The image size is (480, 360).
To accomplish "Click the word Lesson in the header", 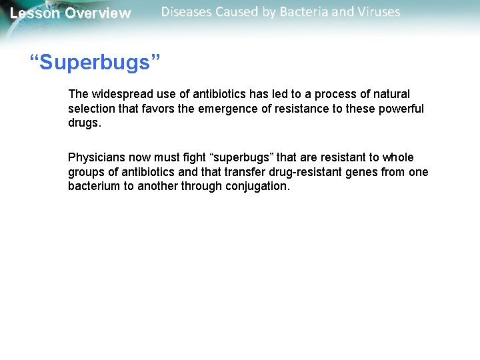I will pyautogui.click(x=35, y=13).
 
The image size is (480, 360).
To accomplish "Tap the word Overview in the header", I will pyautogui.click(x=97, y=13).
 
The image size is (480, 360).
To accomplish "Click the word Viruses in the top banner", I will pyautogui.click(x=377, y=12).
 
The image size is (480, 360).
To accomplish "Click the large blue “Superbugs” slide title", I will pyautogui.click(x=95, y=63).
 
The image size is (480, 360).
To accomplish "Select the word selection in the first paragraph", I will pyautogui.click(x=90, y=109).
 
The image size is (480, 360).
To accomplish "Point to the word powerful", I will pyautogui.click(x=401, y=109).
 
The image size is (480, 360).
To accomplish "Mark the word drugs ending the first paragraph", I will pyautogui.click(x=83, y=123).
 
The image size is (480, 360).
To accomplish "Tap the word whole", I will pyautogui.click(x=398, y=157).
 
